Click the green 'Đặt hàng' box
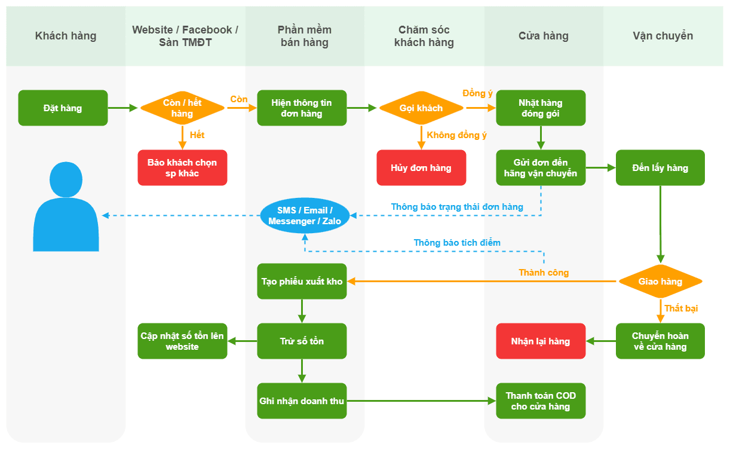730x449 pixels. pos(63,108)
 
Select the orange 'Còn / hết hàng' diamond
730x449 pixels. pos(182,108)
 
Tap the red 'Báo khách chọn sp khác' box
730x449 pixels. pos(182,167)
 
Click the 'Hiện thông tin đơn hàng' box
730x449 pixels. pos(302,108)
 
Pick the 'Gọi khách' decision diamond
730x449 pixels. pos(421,108)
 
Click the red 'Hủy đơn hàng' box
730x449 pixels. pos(421,167)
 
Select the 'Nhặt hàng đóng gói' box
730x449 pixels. pos(541,108)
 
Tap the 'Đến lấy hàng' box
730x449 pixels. pos(660,167)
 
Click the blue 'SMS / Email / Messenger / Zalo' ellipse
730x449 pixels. pos(305,216)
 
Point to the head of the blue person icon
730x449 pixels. pos(66,179)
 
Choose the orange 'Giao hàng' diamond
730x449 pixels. pos(660,282)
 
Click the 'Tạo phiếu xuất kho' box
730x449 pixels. pos(302,282)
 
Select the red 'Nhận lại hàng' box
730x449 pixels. pos(541,341)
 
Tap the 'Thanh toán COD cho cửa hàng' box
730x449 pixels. pos(541,401)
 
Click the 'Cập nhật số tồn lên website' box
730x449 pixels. pos(182,341)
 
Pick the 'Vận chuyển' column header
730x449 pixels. pos(663,36)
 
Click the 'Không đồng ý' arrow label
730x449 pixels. pos(456,135)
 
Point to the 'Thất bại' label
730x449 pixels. pos(681,308)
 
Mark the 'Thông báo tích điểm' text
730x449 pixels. pos(457,243)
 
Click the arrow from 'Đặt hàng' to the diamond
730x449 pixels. pos(122,108)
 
